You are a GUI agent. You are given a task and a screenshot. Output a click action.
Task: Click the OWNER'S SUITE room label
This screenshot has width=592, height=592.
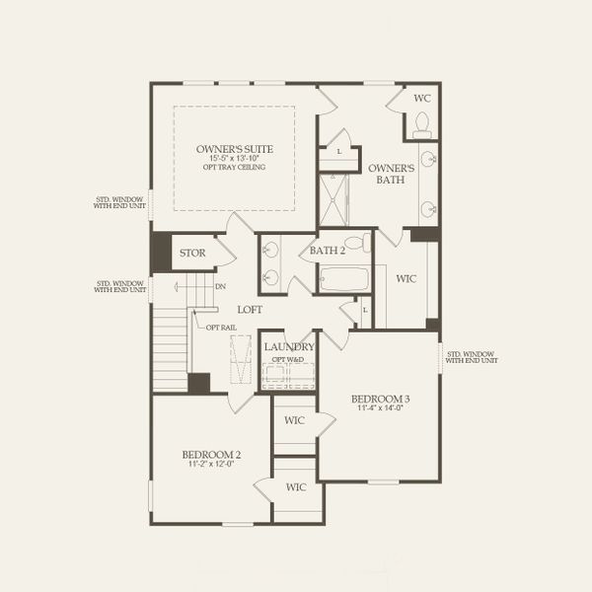click(x=234, y=149)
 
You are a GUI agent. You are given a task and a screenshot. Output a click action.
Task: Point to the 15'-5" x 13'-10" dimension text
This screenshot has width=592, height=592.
click(x=234, y=158)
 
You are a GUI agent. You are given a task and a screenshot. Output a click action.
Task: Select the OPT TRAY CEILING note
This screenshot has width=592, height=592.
click(x=234, y=167)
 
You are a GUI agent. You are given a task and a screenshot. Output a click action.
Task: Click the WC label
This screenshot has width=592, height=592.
click(x=421, y=99)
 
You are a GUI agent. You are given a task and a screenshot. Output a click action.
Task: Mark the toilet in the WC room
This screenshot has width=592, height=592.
click(x=422, y=124)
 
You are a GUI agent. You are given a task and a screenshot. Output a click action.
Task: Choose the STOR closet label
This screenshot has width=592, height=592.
click(x=192, y=254)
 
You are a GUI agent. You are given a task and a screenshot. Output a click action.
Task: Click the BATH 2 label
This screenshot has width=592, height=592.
click(x=328, y=250)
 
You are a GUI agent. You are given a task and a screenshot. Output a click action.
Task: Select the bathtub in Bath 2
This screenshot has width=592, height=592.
click(x=343, y=279)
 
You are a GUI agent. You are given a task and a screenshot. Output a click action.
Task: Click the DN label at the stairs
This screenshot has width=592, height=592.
click(x=220, y=287)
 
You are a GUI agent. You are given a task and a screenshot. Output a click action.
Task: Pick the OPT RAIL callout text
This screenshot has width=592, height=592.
click(x=219, y=326)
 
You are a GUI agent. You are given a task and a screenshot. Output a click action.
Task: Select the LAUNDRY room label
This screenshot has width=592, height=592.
click(x=289, y=347)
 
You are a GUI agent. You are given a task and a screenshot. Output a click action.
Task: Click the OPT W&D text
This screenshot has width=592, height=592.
click(x=288, y=359)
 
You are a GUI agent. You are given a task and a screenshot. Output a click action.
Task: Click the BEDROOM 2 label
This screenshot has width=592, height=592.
click(x=211, y=455)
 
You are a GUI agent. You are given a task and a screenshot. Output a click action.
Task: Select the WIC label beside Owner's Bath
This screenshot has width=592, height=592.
click(x=406, y=279)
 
